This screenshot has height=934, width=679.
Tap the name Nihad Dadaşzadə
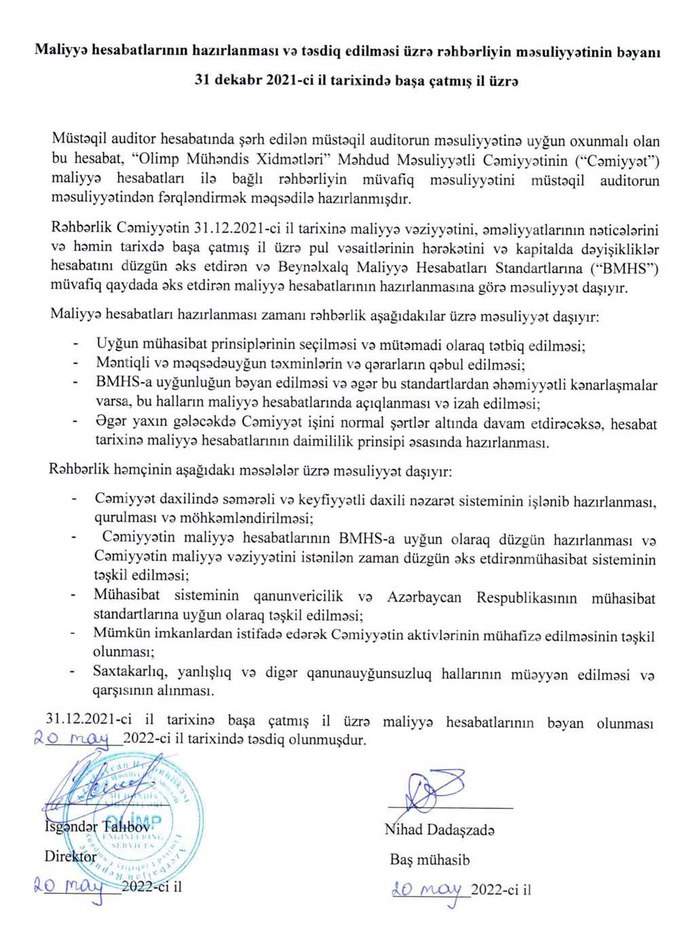click(x=439, y=829)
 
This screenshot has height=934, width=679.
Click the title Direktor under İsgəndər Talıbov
click(x=71, y=856)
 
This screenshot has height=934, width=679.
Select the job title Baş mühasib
click(x=430, y=859)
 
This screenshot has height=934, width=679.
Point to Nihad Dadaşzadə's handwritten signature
click(x=435, y=791)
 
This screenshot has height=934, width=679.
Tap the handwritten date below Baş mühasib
click(x=427, y=890)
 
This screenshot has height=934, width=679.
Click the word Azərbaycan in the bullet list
click(x=424, y=597)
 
